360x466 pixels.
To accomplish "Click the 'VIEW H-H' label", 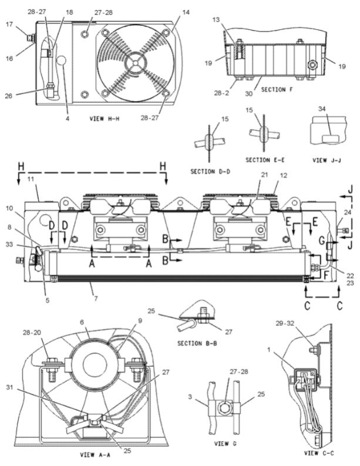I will tap(106, 118).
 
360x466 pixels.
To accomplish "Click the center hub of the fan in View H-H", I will tap(136, 60).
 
